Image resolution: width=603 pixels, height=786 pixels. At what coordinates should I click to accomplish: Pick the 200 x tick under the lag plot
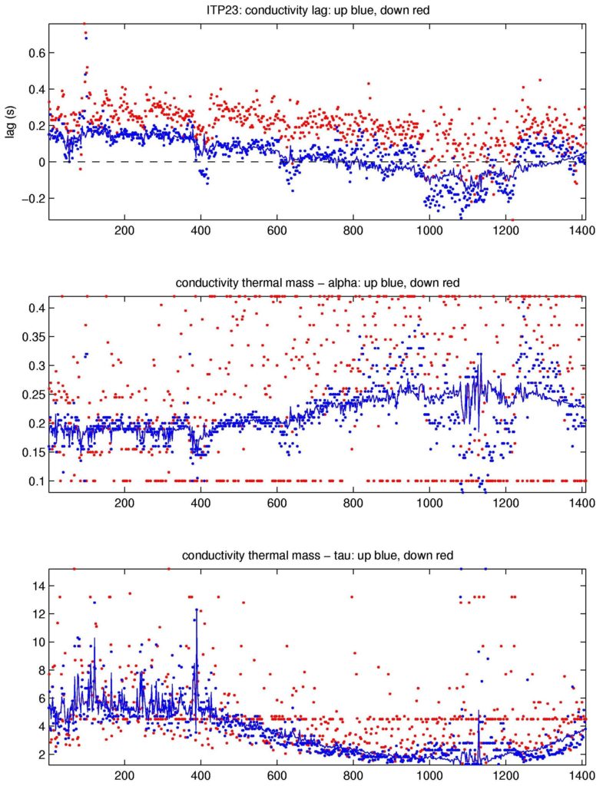point(124,231)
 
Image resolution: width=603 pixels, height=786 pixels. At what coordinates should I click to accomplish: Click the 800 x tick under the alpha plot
point(353,504)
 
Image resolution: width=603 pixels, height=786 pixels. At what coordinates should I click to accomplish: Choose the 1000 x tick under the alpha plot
point(428,504)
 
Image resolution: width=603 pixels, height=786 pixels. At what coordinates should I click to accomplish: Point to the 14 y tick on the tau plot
point(37,586)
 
